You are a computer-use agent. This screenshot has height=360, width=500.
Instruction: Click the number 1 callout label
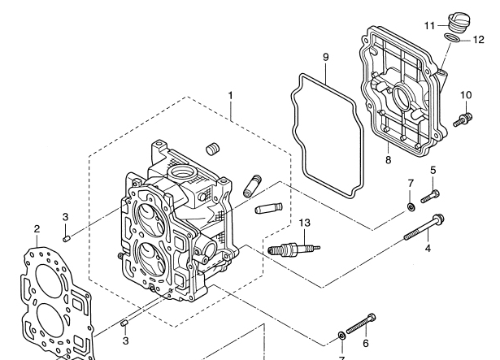(x=231, y=95)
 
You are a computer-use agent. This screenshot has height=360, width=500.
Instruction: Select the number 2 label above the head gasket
(x=37, y=228)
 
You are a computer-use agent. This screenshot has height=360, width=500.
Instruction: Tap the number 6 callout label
(x=365, y=343)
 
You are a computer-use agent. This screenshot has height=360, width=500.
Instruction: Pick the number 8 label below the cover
(x=389, y=160)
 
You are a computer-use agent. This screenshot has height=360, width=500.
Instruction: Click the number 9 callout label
(x=325, y=58)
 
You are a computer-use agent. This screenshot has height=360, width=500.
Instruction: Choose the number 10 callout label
(x=465, y=96)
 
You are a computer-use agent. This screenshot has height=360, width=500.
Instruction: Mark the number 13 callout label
(x=305, y=223)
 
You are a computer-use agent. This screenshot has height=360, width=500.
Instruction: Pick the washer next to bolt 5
(x=411, y=208)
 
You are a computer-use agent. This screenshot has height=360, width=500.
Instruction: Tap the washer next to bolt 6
(x=341, y=335)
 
